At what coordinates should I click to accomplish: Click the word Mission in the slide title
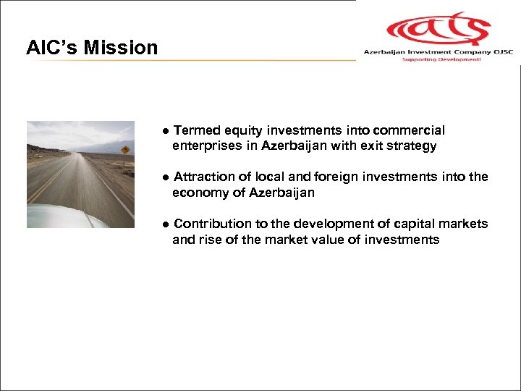click(121, 48)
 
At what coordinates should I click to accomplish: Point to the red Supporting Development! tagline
click(441, 59)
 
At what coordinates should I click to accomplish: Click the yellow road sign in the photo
click(125, 150)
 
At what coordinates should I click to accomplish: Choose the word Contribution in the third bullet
click(211, 224)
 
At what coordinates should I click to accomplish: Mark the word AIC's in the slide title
click(52, 48)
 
